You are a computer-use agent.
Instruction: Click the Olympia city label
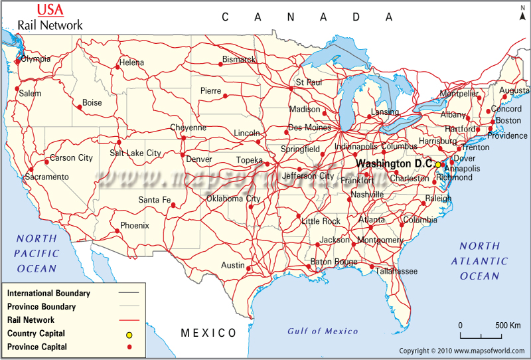[36, 59]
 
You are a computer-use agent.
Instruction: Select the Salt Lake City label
[135, 153]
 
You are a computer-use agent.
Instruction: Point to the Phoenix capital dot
[117, 231]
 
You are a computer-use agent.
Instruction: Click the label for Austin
[233, 266]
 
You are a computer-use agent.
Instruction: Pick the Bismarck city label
[239, 60]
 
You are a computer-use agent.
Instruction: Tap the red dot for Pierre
[225, 96]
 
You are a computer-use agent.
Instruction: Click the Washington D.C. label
[394, 163]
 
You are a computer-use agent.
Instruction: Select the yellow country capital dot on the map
[438, 164]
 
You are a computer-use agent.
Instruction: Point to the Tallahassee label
[397, 271]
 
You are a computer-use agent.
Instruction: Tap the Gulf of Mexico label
[323, 331]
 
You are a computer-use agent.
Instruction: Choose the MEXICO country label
[209, 333]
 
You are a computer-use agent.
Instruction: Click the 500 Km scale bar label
[508, 325]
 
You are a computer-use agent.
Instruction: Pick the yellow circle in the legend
[129, 334]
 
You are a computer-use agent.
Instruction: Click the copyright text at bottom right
[463, 350]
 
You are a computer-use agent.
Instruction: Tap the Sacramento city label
[47, 177]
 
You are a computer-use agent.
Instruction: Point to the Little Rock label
[321, 221]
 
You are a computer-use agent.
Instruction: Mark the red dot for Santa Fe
[173, 205]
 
